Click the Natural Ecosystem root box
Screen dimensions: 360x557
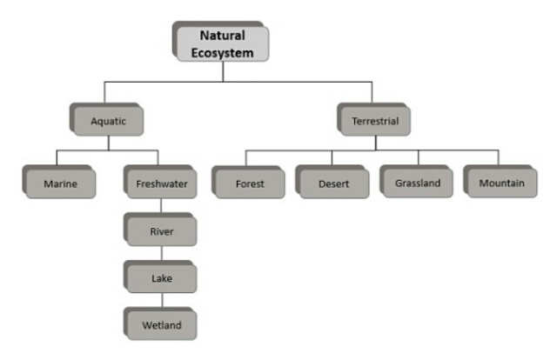(x=223, y=43)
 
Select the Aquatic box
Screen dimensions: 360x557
(x=108, y=122)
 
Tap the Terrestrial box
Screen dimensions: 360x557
(x=375, y=122)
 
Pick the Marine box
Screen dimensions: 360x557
(x=57, y=183)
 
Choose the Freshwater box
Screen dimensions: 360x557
(x=161, y=183)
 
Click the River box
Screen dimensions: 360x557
(x=161, y=232)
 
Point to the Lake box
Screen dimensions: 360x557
(x=161, y=279)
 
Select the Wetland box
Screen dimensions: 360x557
(x=161, y=325)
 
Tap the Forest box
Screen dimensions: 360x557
(x=249, y=183)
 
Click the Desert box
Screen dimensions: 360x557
(x=334, y=183)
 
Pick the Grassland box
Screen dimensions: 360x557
(x=418, y=183)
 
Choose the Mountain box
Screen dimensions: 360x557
(x=501, y=183)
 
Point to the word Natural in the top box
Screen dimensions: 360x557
(x=223, y=36)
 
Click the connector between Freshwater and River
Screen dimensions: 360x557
(x=160, y=207)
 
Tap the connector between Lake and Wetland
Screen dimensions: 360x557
(x=160, y=302)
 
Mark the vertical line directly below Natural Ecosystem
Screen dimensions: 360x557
(x=223, y=71)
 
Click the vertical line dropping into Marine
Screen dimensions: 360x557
(x=57, y=158)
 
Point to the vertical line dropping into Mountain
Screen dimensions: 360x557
(x=500, y=158)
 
